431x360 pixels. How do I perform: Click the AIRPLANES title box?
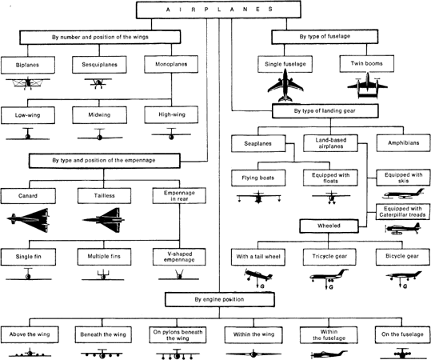pos(215,9)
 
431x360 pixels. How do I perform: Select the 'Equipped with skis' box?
pos(401,178)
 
